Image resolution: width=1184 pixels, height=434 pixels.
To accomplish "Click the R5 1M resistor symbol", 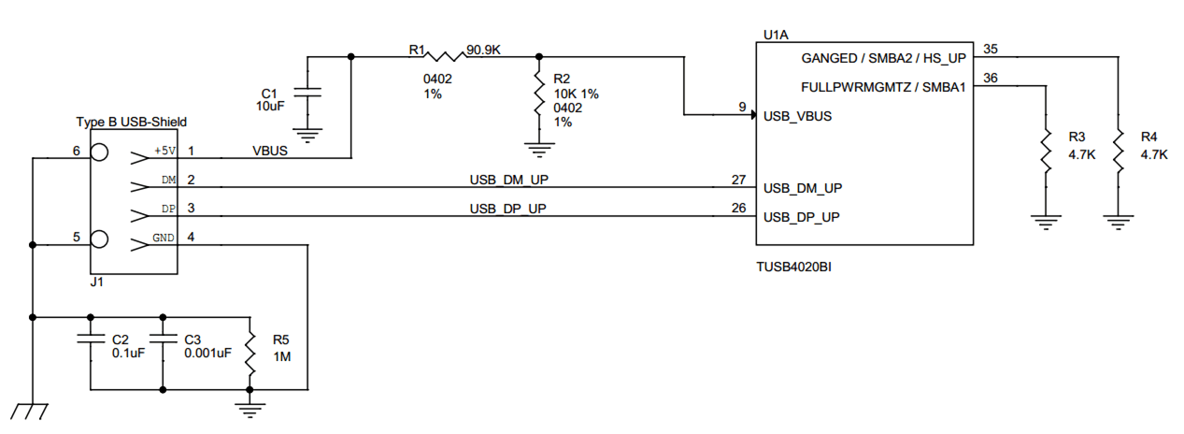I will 250,352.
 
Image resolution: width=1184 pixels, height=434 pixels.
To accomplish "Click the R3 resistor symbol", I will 1045,152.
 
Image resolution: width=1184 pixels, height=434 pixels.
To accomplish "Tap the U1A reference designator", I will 777,36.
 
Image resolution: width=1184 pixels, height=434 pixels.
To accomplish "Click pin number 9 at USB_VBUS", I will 742,108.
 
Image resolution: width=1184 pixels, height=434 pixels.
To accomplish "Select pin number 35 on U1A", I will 991,49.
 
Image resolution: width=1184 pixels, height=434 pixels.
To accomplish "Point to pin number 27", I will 738,179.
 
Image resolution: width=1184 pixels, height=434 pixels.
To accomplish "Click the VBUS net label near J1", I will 270,150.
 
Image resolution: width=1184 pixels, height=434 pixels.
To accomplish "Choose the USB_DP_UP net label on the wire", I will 507,209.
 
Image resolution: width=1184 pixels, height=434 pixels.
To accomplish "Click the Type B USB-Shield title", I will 131,122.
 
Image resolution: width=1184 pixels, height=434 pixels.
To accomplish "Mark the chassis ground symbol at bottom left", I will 31,412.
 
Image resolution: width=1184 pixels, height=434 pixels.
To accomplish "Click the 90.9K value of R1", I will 484,50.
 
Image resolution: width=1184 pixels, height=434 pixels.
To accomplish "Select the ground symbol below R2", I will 538,148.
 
